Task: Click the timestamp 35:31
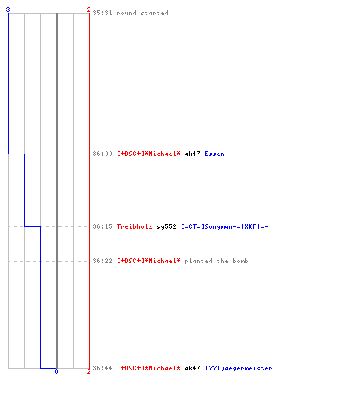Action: pyautogui.click(x=102, y=13)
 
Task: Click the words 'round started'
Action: pyautogui.click(x=142, y=13)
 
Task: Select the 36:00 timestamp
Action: pyautogui.click(x=102, y=154)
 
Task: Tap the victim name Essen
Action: pyautogui.click(x=214, y=154)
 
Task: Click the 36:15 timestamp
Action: pyautogui.click(x=102, y=226)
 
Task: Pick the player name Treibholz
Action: pyautogui.click(x=134, y=226)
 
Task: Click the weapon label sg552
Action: pyautogui.click(x=166, y=226)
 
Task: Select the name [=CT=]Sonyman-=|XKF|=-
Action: pyautogui.click(x=225, y=226)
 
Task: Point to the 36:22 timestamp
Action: pyautogui.click(x=102, y=261)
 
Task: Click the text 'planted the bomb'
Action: pyautogui.click(x=216, y=261)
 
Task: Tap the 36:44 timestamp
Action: pyautogui.click(x=102, y=368)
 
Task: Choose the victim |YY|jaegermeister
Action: pyautogui.click(x=238, y=368)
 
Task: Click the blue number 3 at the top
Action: pyautogui.click(x=8, y=10)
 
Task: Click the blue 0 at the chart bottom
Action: pyautogui.click(x=56, y=371)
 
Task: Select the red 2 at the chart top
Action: pyautogui.click(x=89, y=10)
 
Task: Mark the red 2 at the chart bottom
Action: pyautogui.click(x=89, y=371)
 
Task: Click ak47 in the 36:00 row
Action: pyautogui.click(x=192, y=154)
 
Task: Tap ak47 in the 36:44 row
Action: pyautogui.click(x=192, y=368)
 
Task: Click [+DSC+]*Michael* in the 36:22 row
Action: pyautogui.click(x=149, y=261)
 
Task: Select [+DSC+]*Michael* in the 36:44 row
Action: pyautogui.click(x=149, y=368)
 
